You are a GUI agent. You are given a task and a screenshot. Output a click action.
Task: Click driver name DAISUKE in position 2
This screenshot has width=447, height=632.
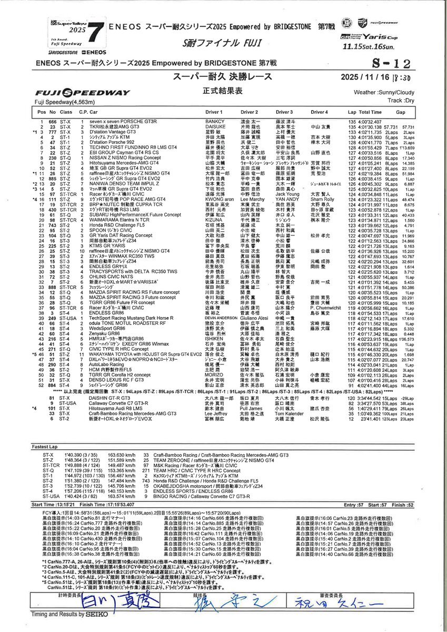215,126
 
